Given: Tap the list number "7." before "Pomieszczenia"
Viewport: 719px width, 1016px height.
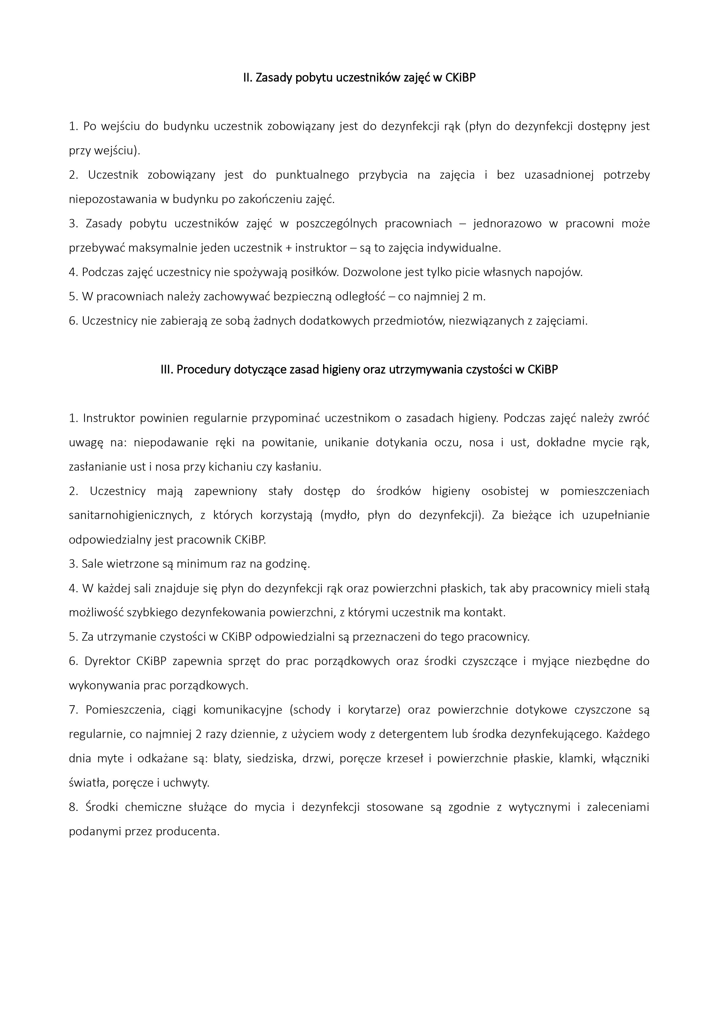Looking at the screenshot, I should pos(74,710).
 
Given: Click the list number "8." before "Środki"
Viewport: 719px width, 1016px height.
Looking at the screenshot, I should pos(74,807).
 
